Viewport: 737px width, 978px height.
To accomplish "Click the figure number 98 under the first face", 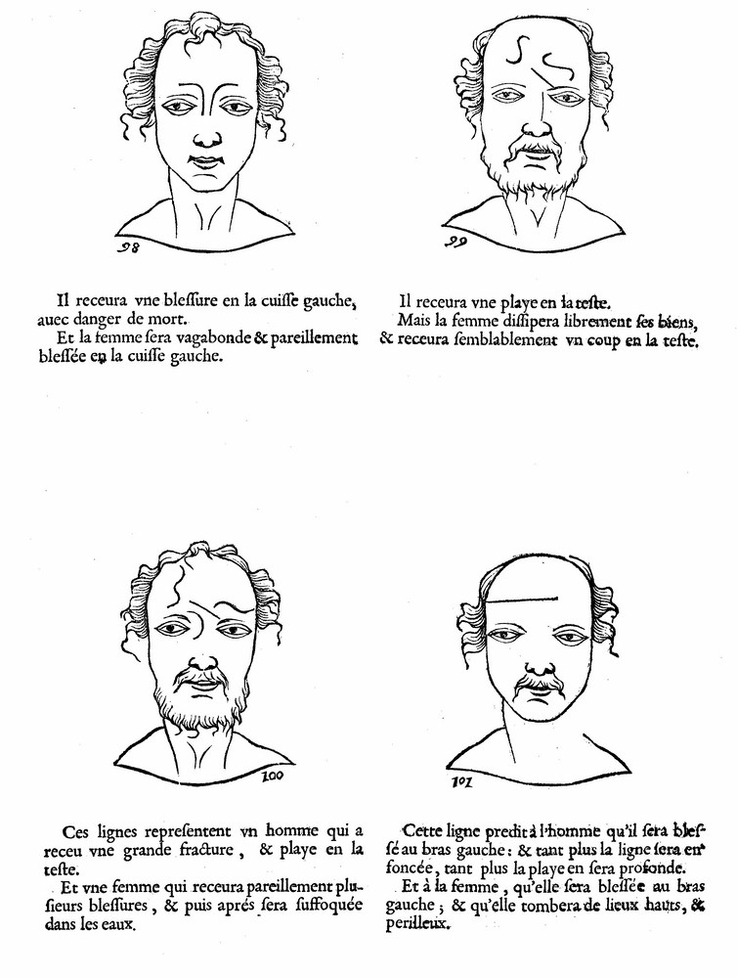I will coord(128,247).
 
